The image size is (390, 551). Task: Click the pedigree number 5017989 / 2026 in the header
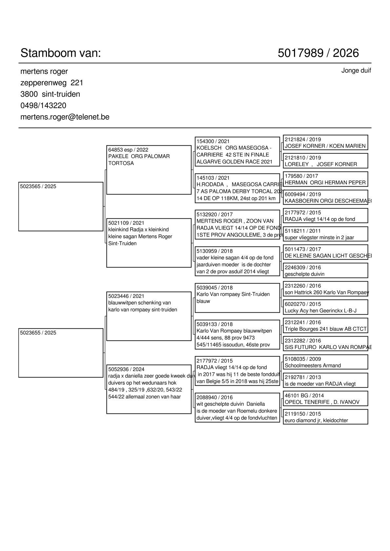tap(318, 53)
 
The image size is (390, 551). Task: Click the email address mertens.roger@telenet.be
tap(65, 117)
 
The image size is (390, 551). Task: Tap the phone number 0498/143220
tap(43, 105)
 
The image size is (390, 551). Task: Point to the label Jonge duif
tap(356, 70)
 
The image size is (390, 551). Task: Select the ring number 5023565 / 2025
tap(38, 187)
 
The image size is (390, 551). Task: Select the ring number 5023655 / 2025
tap(38, 333)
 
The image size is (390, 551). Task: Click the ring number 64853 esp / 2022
tap(128, 150)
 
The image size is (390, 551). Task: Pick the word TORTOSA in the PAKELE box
tap(121, 163)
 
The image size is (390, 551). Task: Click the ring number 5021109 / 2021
tap(126, 223)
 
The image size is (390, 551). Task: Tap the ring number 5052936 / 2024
tap(126, 369)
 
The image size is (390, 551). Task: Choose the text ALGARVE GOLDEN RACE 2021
tap(234, 162)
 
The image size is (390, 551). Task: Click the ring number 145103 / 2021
tap(213, 178)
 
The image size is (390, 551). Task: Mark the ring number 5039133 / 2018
tap(214, 324)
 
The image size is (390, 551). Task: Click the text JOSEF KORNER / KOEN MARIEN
tap(325, 146)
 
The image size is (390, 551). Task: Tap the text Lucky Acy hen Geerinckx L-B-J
tap(321, 311)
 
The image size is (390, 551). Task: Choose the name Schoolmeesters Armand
tap(313, 366)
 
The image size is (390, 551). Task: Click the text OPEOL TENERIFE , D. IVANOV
tap(322, 402)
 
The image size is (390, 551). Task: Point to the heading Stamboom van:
tap(61, 53)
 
